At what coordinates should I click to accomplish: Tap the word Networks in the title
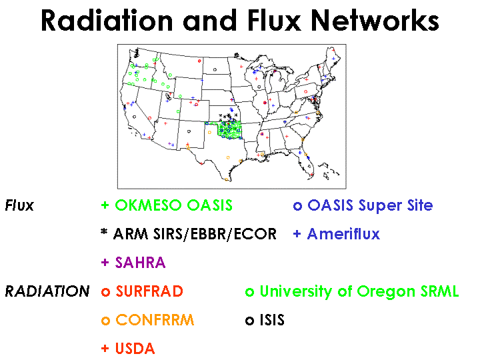click(375, 21)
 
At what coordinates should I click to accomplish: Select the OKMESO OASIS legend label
click(173, 205)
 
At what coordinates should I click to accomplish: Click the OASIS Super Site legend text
click(370, 205)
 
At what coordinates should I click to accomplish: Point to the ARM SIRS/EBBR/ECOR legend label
click(195, 234)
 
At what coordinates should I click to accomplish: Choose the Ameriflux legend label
click(343, 234)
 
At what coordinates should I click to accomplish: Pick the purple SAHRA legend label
click(140, 263)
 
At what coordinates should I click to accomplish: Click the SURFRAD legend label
click(149, 291)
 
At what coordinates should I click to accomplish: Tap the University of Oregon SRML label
click(359, 291)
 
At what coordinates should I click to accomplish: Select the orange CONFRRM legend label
click(155, 320)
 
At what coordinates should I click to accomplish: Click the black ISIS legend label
click(272, 320)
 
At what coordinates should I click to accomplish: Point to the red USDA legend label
click(135, 349)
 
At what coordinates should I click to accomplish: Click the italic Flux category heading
click(19, 205)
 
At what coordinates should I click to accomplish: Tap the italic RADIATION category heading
click(47, 291)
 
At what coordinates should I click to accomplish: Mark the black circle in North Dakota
click(215, 70)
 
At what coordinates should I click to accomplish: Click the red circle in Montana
click(199, 61)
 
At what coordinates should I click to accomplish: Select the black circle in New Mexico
click(189, 131)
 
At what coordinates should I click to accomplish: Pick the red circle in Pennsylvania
click(305, 91)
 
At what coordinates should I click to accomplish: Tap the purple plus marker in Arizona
click(169, 143)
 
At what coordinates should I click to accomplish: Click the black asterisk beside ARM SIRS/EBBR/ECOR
click(104, 232)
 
